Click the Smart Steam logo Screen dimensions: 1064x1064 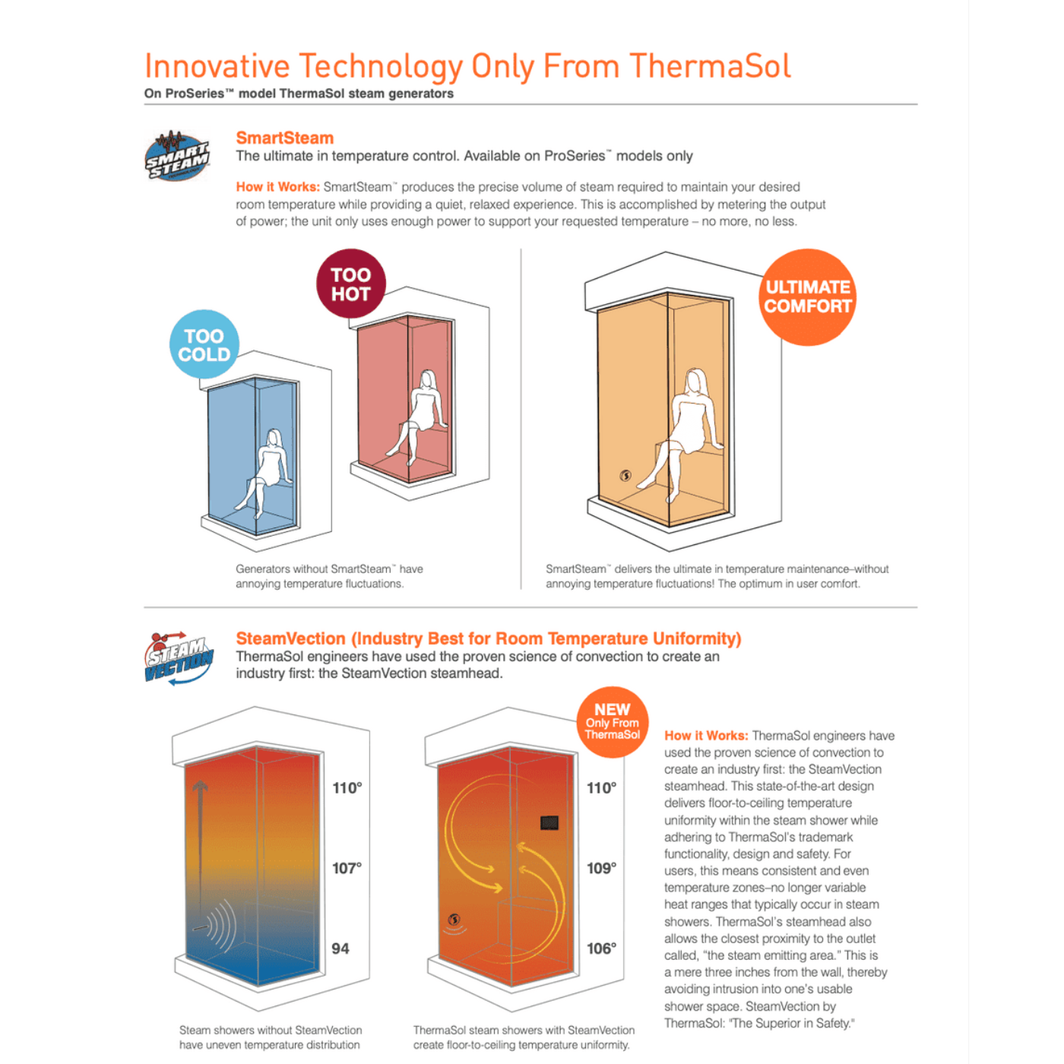tap(177, 156)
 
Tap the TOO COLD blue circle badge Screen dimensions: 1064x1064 tap(204, 344)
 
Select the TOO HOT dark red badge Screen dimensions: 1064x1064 tap(350, 283)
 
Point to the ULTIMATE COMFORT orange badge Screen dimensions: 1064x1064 tap(807, 297)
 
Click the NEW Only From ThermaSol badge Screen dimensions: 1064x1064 tap(613, 722)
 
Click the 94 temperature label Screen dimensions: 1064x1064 tap(340, 948)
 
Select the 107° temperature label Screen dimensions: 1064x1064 tap(347, 869)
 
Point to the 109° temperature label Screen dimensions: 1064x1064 tap(601, 869)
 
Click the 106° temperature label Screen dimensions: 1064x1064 tap(601, 948)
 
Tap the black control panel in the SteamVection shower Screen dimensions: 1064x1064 tap(549, 823)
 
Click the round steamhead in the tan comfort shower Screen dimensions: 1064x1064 tap(625, 476)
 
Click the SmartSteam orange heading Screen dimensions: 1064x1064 tap(284, 138)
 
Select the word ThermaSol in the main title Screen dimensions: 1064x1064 tap(710, 66)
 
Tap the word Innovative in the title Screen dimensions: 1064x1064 tap(217, 66)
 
